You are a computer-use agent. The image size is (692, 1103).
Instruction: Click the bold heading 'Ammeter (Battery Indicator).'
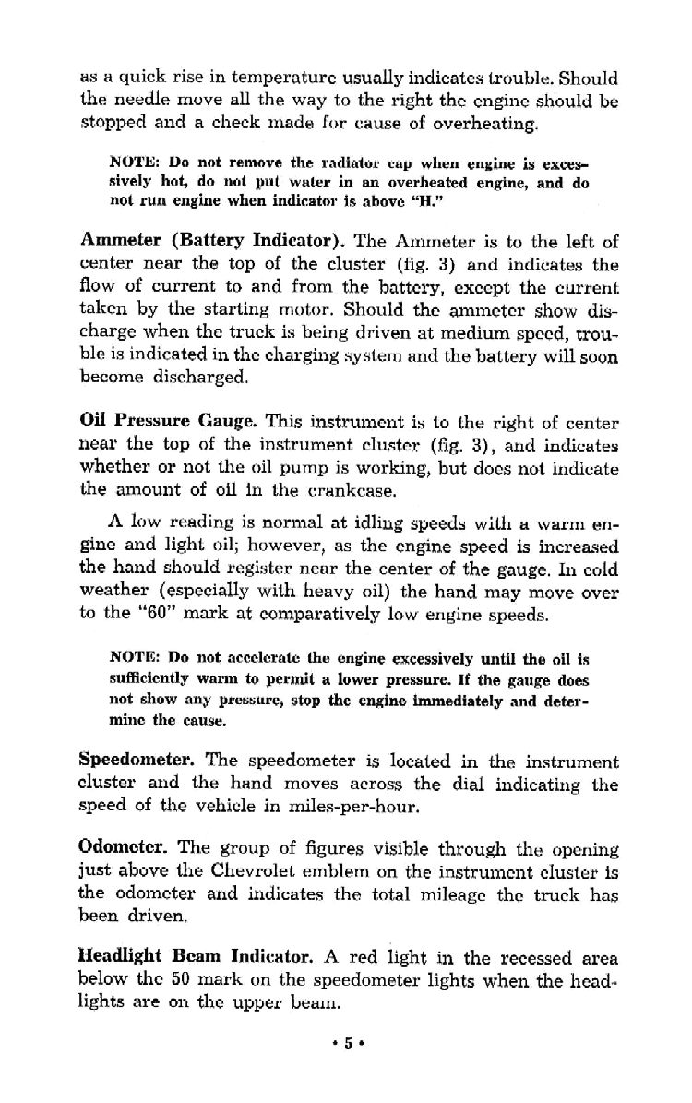point(213,243)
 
